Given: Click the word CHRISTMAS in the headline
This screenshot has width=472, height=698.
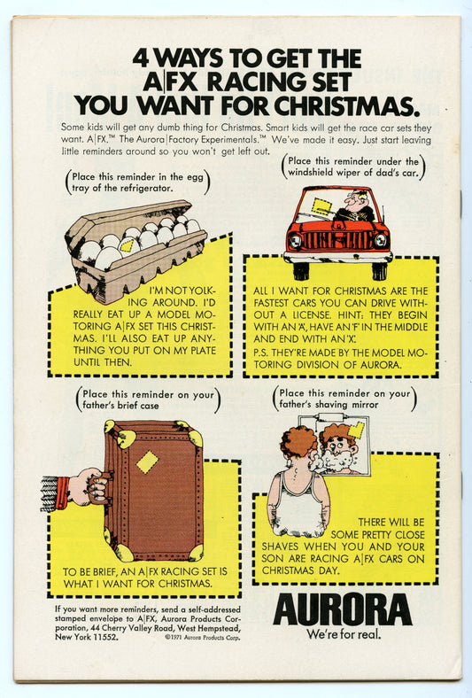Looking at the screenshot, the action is point(346,106).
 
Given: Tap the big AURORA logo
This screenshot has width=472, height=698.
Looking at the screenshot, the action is point(343,609).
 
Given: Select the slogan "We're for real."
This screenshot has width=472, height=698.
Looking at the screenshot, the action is point(344,634).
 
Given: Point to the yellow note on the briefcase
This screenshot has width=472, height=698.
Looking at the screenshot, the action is point(147,462).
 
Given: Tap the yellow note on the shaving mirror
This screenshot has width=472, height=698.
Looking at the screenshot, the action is point(356,430).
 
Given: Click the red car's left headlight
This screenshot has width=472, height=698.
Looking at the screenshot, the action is point(295,241).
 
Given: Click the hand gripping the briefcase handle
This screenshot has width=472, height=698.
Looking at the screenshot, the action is point(89,487).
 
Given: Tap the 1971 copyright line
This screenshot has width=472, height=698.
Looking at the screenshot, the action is point(203,638).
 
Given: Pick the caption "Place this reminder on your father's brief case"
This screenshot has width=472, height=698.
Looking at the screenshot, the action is point(148,399).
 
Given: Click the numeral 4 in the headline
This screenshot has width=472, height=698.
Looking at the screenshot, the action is point(141,58).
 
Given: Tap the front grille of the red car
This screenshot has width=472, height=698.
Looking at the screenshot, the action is point(337,240).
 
